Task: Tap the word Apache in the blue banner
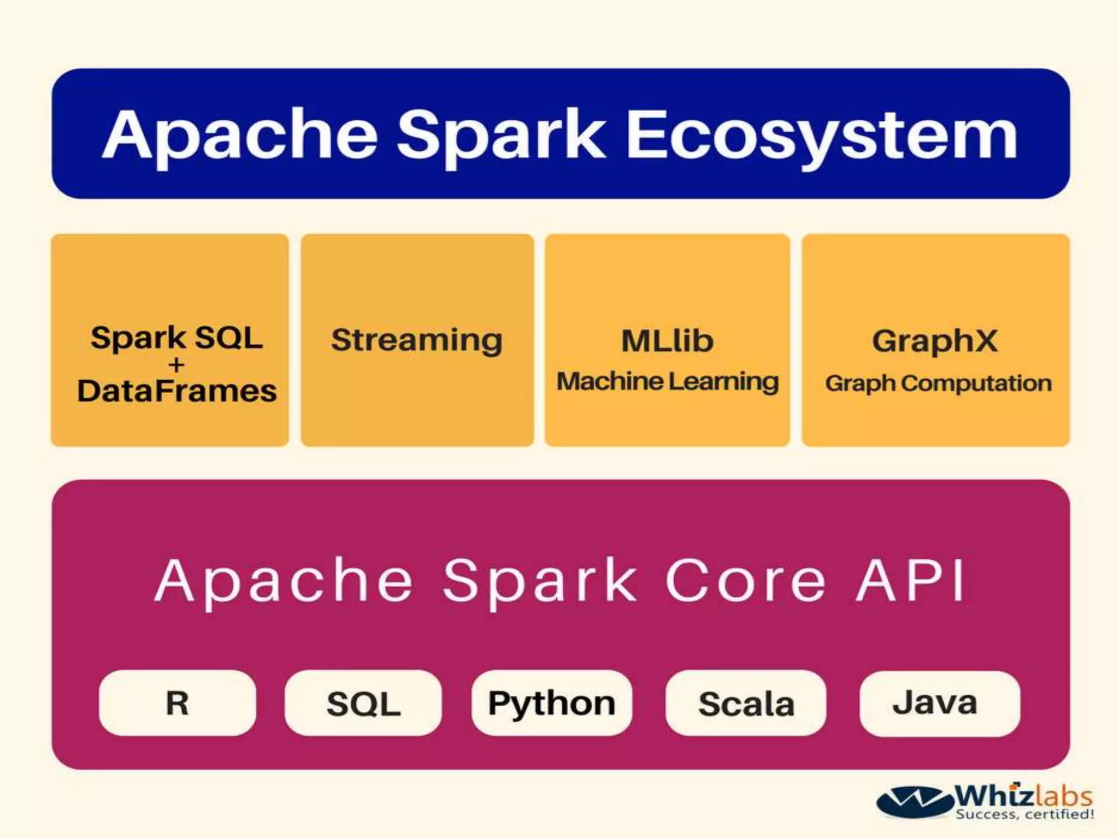click(x=240, y=135)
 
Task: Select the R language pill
click(x=177, y=702)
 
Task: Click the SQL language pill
click(x=363, y=703)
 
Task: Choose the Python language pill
click(x=552, y=703)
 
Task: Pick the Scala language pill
click(x=746, y=704)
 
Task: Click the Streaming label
click(x=417, y=340)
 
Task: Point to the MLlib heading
click(x=667, y=340)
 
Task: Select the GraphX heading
click(x=935, y=340)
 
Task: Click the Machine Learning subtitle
click(x=667, y=381)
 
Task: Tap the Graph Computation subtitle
click(x=938, y=383)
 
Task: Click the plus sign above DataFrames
click(x=176, y=364)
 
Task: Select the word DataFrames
click(x=177, y=391)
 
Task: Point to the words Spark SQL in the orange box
click(x=176, y=338)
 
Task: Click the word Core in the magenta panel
click(x=745, y=581)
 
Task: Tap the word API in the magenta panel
click(x=911, y=581)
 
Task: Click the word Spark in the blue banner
click(x=501, y=135)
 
